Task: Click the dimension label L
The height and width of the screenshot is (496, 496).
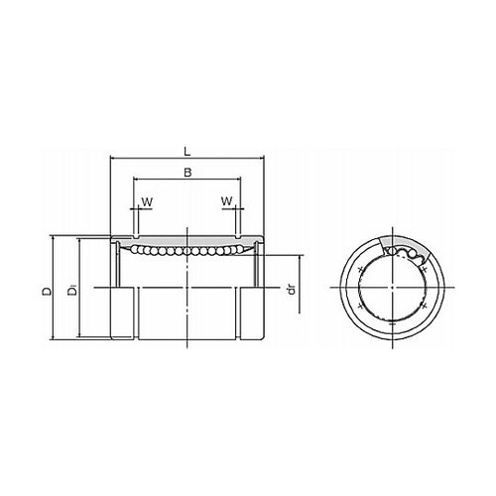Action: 187,152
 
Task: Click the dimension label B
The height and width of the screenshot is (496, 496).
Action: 187,173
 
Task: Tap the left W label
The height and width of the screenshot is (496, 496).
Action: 147,201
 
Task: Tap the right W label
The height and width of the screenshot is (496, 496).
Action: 227,200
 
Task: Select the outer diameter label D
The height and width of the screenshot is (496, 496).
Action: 47,291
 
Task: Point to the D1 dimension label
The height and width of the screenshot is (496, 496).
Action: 72,291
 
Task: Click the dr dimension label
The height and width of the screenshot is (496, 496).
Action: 292,289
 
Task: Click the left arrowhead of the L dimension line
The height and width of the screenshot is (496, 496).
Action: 112,158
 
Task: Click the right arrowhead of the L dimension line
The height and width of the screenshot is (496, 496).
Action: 262,158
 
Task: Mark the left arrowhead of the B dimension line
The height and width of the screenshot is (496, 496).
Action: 136,180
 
